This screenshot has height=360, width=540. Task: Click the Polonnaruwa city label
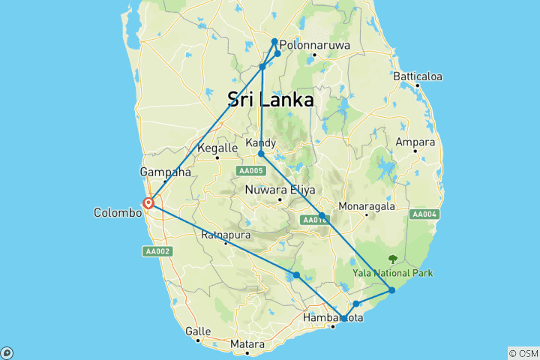coord(315,45)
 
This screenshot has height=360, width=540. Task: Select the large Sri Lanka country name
coord(270,99)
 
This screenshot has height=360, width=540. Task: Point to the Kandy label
coord(261,142)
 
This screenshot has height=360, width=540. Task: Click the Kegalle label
coord(217,148)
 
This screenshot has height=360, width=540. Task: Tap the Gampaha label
coord(169,172)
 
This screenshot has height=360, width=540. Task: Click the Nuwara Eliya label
coord(280,190)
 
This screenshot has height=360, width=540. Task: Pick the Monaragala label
coord(366,205)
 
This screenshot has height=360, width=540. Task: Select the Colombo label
coord(117,213)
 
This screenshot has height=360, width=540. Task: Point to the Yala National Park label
coord(393,273)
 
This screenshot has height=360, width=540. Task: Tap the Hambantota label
coord(333,318)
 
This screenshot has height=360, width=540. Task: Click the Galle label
coord(198,331)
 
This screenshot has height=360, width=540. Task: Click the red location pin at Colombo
coord(149,202)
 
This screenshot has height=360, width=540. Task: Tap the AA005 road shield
coord(250,171)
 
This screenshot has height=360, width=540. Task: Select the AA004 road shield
coord(424,214)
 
